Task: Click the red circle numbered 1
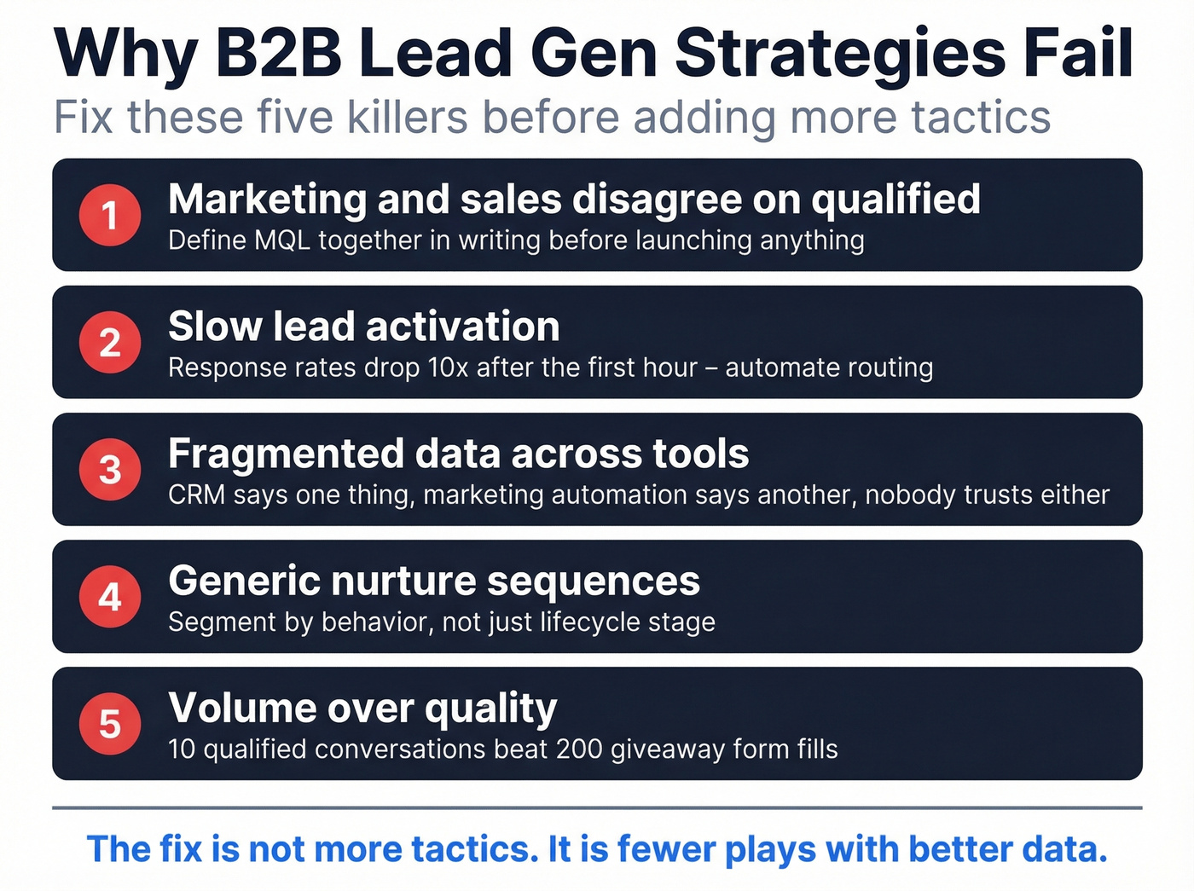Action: (110, 215)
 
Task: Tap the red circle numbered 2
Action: (110, 343)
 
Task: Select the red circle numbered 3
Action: (110, 470)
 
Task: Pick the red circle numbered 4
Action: (110, 597)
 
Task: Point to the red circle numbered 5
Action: (110, 724)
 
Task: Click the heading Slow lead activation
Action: (364, 327)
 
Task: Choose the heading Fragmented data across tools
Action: (458, 454)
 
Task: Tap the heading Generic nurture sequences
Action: (434, 581)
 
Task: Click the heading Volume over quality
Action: (362, 709)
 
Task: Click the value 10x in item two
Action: (448, 367)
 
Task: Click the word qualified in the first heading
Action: (895, 200)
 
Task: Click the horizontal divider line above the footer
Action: (597, 807)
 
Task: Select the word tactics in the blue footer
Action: (474, 849)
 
